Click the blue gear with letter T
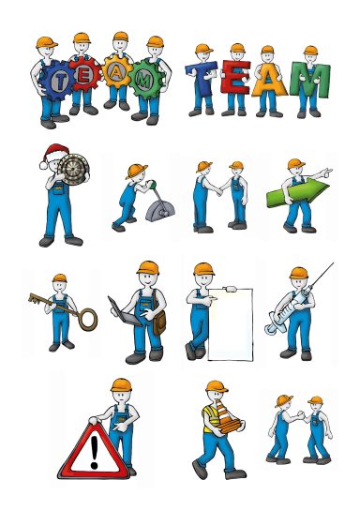coord(58,80)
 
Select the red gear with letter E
coord(86,74)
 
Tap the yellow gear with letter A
coord(117,71)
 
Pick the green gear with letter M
coord(145,79)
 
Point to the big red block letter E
coord(235,77)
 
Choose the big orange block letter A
coord(269,80)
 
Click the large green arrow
coord(297,192)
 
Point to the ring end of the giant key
coord(88,320)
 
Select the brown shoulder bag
coord(159,322)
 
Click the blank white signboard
coord(231,324)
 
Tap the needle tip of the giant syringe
coord(334,262)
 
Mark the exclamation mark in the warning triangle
coord(95,452)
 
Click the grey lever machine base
coord(160,212)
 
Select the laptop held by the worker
coord(124,312)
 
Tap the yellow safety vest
coord(211,418)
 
